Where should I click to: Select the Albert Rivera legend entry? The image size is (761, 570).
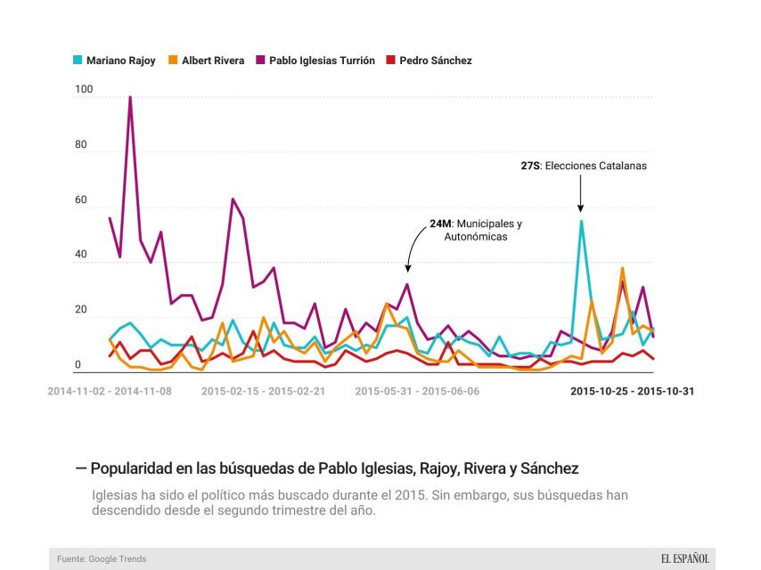pos(206,61)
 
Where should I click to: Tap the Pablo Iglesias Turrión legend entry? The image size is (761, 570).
pos(315,61)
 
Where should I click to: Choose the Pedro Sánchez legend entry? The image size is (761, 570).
pos(429,61)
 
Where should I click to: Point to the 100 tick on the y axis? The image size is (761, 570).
pos(83,91)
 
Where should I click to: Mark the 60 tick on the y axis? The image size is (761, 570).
pos(80,201)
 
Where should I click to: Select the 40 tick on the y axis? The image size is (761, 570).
pos(80,256)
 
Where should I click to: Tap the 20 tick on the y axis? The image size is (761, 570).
pos(80,310)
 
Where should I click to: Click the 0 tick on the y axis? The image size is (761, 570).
pos(78,364)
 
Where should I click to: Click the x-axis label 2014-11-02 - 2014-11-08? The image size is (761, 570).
pos(110,391)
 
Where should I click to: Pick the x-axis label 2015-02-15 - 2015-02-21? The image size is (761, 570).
pos(264,391)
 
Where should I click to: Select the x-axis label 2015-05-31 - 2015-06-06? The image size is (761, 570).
pos(417,391)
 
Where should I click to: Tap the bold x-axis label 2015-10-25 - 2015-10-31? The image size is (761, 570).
pos(632,391)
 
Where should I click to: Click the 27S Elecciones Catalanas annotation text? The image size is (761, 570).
pos(584,166)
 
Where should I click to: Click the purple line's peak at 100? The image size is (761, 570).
pos(130,97)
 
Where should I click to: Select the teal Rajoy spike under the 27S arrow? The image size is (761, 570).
pos(581,221)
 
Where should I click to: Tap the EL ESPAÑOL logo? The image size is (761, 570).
pos(684,558)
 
